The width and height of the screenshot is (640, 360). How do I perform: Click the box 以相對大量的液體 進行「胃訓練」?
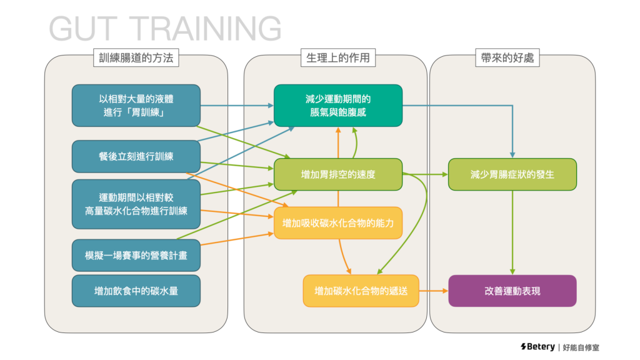point(136,105)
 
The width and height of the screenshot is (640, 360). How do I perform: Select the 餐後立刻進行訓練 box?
point(136,156)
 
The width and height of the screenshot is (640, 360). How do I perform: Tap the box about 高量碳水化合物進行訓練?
point(136,204)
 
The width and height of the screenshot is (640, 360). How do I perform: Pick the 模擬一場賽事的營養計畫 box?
point(136,255)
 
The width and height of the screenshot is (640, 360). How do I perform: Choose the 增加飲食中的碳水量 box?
point(136,291)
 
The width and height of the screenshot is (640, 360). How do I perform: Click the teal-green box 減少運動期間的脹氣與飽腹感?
point(337,105)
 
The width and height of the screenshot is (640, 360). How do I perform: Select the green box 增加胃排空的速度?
point(337,174)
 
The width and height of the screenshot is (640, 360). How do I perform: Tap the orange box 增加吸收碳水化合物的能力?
point(337,222)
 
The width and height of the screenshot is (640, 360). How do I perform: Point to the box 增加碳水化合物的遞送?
point(361,291)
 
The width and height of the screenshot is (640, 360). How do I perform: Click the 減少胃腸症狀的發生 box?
point(512,174)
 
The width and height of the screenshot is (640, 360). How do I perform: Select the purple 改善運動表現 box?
point(512,291)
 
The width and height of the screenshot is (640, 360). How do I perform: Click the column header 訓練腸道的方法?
point(136,58)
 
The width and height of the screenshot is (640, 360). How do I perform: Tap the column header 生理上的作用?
point(337,58)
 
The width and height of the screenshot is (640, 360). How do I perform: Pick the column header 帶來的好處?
point(512,58)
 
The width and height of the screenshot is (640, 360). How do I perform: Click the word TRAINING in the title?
point(208,29)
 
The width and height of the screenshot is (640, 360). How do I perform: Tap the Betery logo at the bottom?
point(537,347)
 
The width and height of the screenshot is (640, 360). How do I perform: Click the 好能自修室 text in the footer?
point(581,347)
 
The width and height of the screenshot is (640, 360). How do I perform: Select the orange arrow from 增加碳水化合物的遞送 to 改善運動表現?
point(433,291)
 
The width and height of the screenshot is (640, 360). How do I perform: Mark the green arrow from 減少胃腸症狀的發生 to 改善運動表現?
point(512,231)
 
